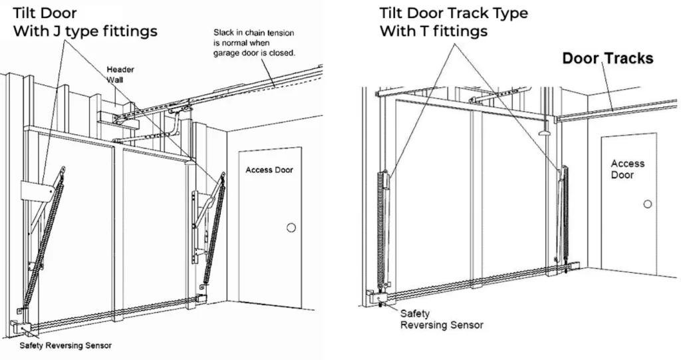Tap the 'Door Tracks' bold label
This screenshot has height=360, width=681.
(x=608, y=58)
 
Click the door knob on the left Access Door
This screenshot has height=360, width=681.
(x=290, y=228)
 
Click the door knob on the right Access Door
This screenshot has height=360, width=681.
(x=647, y=204)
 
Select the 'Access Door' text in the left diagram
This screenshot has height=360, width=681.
(x=269, y=170)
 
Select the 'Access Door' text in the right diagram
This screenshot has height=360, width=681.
(x=628, y=169)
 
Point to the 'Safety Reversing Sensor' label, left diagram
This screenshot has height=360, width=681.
(x=65, y=345)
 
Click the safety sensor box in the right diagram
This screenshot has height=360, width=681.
(x=376, y=297)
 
